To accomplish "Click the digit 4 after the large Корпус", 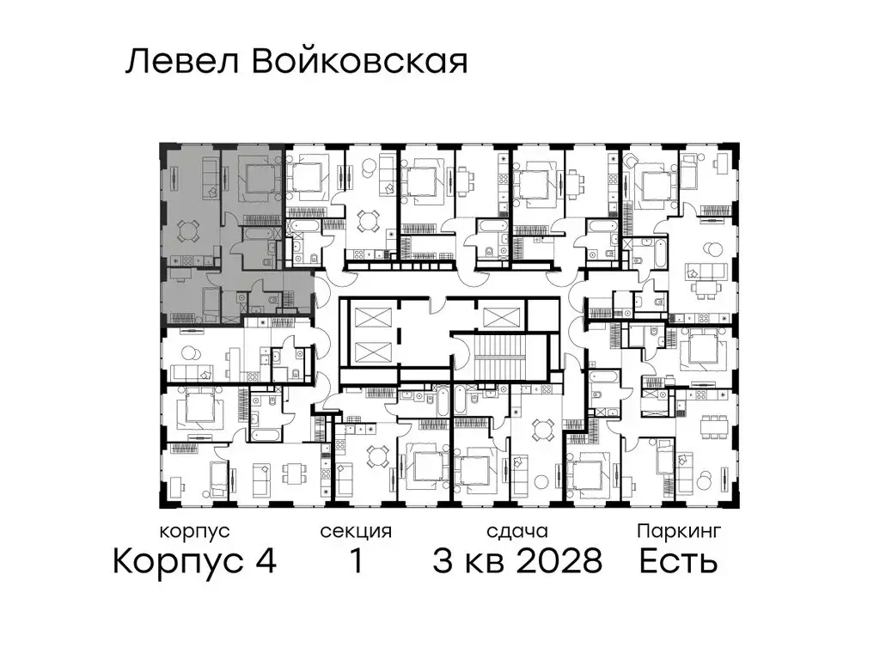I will click(265, 562).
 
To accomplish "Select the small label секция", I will click(356, 532).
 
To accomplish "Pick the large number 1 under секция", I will click(355, 562).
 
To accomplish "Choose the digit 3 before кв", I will click(443, 562).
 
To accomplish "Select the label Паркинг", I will click(678, 532).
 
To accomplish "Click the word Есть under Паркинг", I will click(678, 562).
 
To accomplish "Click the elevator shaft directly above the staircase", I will click(503, 315).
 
